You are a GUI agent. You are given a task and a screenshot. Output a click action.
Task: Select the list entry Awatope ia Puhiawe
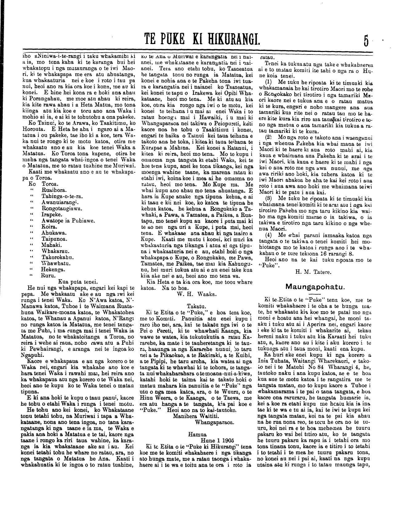(x=68, y=220)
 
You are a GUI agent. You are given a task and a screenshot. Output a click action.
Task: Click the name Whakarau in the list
(x=53, y=251)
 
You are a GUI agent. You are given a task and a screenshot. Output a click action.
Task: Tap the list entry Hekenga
(x=53, y=269)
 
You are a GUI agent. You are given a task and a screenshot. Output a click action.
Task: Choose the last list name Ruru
(x=48, y=276)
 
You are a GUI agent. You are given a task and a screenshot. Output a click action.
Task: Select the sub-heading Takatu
(x=196, y=306)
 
